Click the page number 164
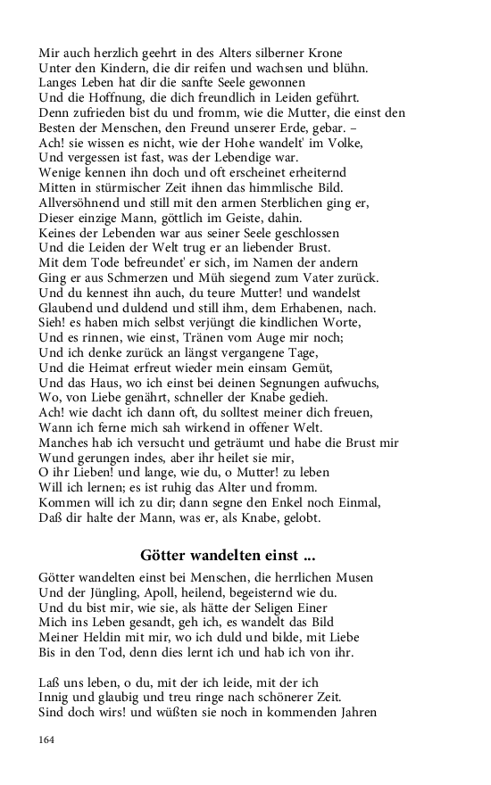[47, 738]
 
